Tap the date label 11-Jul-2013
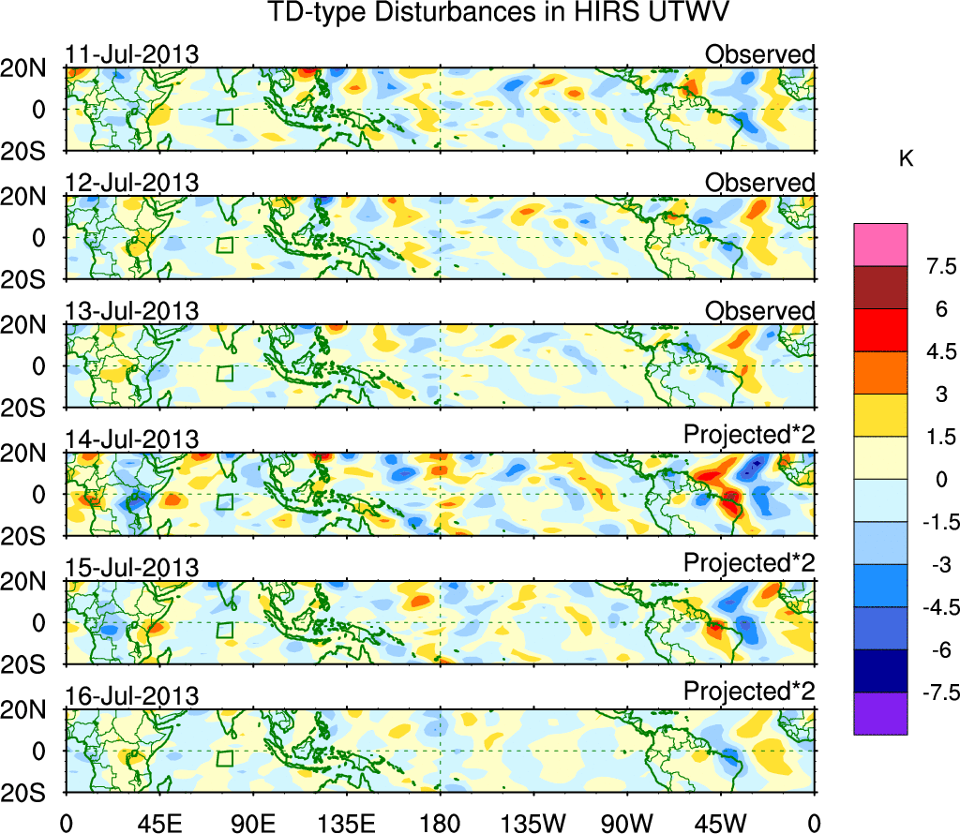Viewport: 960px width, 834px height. pyautogui.click(x=132, y=54)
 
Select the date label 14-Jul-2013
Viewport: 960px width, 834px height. pyautogui.click(x=132, y=439)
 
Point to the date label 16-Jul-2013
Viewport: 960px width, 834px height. pyautogui.click(x=132, y=695)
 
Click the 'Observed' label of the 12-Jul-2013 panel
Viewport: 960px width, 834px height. pyautogui.click(x=760, y=183)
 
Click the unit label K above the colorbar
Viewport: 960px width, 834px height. pyautogui.click(x=906, y=159)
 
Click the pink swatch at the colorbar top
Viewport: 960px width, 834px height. pyautogui.click(x=880, y=246)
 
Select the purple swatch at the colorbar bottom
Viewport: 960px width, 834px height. pyautogui.click(x=880, y=713)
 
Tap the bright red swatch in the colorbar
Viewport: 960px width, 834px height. pyautogui.click(x=880, y=331)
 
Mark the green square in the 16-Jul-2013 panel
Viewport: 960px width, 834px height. pyautogui.click(x=224, y=758)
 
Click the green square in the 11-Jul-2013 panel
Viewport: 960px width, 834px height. pyautogui.click(x=224, y=117)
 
